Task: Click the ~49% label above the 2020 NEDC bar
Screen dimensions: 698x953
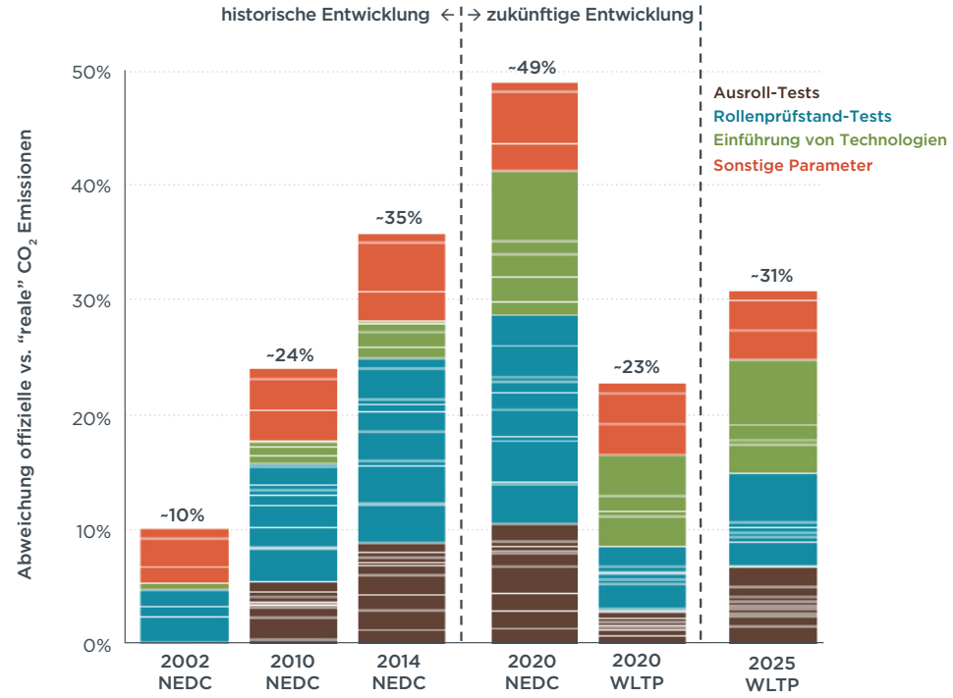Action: (x=533, y=68)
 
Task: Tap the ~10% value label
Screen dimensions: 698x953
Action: (x=183, y=514)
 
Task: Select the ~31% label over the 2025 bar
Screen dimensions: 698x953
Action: (x=771, y=276)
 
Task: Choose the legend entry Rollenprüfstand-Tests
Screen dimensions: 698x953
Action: (x=789, y=117)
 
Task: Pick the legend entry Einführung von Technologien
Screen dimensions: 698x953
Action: (x=829, y=140)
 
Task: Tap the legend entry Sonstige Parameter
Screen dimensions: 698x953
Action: (x=792, y=165)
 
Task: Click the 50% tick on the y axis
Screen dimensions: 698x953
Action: (x=90, y=72)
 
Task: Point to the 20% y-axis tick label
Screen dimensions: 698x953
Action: (x=90, y=417)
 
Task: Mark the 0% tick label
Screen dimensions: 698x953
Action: (x=95, y=645)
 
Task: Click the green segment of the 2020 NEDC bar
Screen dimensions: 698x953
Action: (x=534, y=242)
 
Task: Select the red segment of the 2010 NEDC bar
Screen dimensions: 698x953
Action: (x=293, y=404)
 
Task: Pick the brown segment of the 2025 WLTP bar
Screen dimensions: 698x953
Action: (x=772, y=605)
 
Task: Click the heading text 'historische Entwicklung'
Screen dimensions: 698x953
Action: (x=325, y=15)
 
